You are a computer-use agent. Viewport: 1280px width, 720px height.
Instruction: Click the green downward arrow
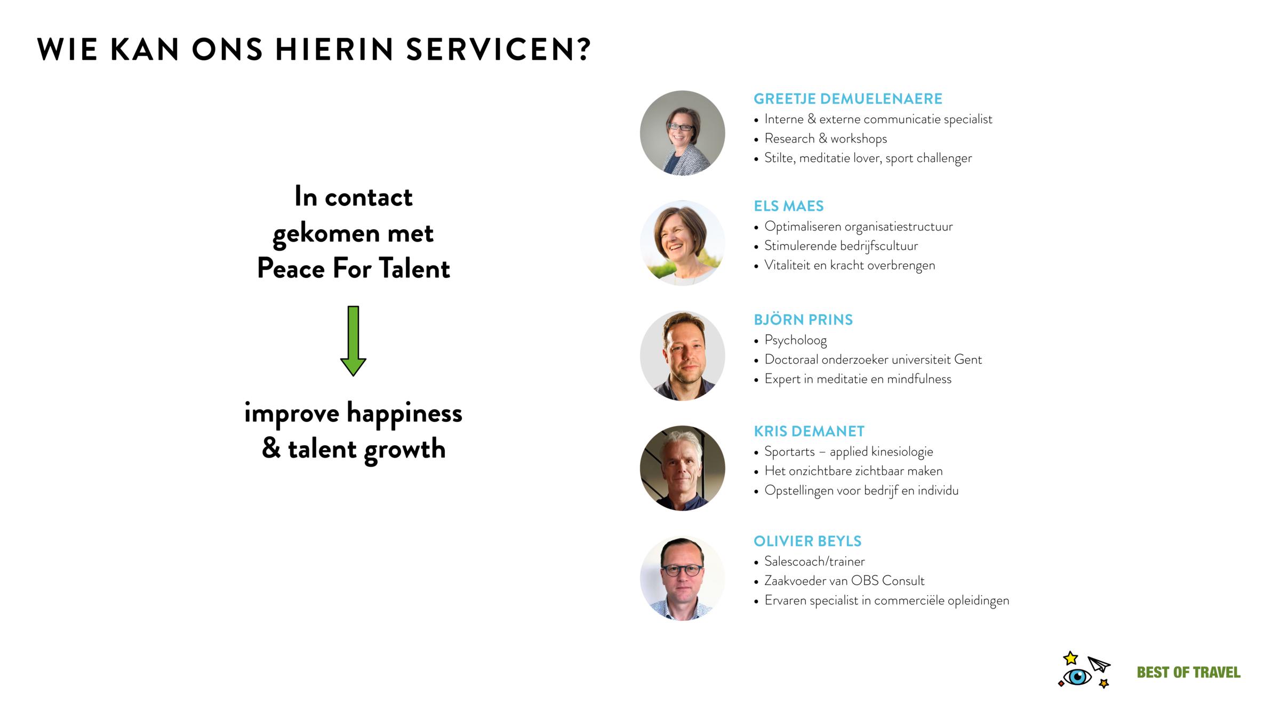(x=353, y=341)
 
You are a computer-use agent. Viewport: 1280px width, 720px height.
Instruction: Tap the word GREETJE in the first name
(x=784, y=99)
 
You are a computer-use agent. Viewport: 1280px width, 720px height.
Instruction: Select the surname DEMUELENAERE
(x=881, y=99)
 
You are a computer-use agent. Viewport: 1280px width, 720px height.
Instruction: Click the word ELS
(x=766, y=206)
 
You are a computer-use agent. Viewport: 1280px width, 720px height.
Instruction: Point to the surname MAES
(x=803, y=206)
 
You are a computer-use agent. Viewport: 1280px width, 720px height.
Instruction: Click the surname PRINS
(x=830, y=320)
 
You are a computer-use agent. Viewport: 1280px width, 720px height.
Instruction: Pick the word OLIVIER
(x=783, y=541)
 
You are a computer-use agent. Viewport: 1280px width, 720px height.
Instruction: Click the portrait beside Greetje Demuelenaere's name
(x=682, y=133)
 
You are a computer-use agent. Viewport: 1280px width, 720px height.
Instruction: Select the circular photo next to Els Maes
(x=682, y=243)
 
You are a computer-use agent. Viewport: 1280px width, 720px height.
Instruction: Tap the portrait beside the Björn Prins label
(x=682, y=355)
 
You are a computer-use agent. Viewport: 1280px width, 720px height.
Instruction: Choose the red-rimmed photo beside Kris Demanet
(x=682, y=468)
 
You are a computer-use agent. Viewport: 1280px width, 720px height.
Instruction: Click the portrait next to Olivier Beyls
(x=682, y=578)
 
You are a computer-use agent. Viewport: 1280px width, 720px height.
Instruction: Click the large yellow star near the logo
(x=1070, y=658)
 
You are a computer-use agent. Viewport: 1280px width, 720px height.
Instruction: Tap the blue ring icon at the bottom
(x=1077, y=677)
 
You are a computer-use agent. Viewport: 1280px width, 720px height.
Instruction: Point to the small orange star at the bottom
(x=1103, y=683)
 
